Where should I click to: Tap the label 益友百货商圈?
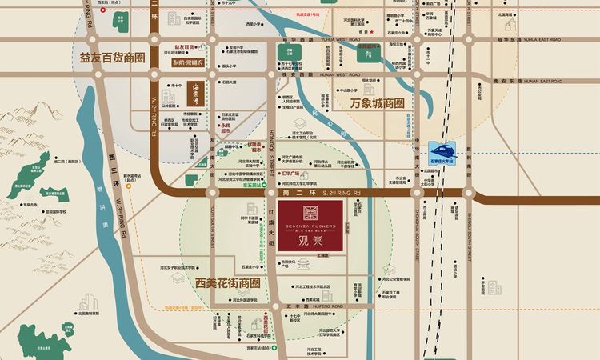click(x=112, y=57)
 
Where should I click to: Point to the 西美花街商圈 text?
click(x=228, y=282)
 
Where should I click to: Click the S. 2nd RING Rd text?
click(x=342, y=193)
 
